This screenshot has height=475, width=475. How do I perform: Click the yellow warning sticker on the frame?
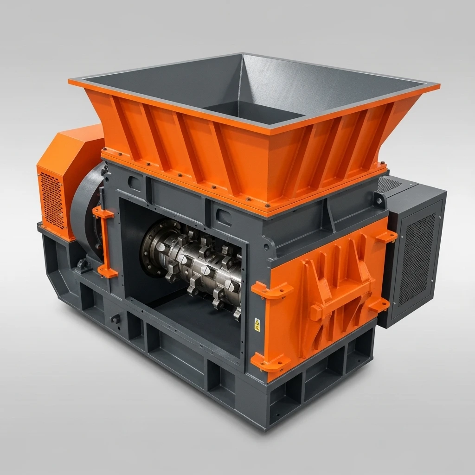click(257, 323)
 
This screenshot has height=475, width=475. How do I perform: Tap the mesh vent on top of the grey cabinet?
click(390, 185)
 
